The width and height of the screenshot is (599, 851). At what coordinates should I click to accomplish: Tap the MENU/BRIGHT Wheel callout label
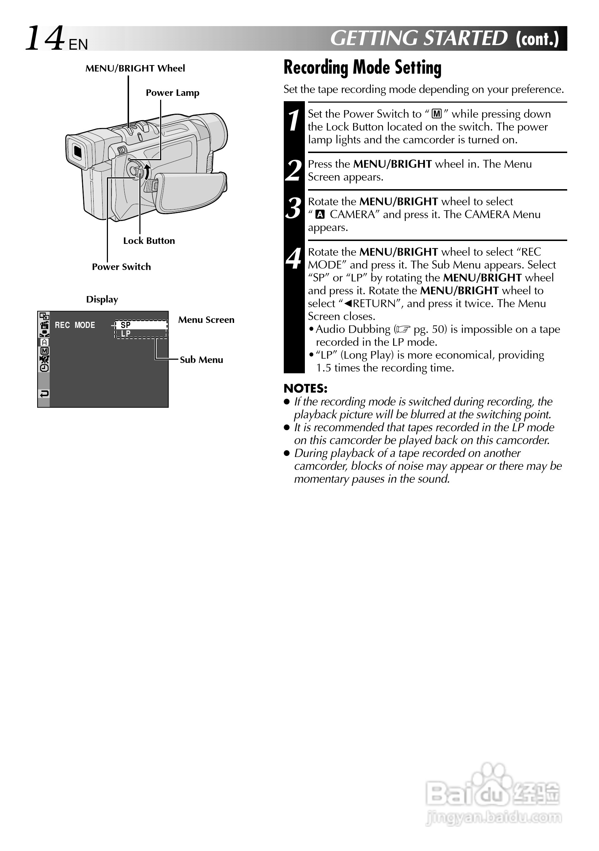pos(135,69)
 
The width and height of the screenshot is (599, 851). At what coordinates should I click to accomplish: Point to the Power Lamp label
pos(172,93)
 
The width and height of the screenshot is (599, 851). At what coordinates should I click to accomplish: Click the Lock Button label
pos(149,241)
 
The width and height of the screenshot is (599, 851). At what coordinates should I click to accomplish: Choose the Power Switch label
pos(121,267)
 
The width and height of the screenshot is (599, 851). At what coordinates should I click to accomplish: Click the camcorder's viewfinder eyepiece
pos(77,151)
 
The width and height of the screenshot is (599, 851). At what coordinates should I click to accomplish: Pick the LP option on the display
pos(126,334)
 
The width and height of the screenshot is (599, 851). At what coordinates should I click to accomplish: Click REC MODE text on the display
pos(75,325)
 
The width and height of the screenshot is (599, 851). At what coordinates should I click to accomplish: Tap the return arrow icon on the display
pos(44,394)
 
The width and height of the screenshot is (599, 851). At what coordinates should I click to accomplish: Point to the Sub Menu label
pos(201,360)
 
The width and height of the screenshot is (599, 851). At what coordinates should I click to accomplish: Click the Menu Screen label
pos(206,320)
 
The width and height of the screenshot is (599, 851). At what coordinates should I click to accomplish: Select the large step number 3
pos(294,208)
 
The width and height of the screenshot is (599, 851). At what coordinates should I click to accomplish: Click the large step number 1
pos(294,121)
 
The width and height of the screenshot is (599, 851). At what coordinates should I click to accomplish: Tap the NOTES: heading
pos(305,388)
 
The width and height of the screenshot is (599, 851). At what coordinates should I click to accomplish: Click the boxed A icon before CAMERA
pos(320,215)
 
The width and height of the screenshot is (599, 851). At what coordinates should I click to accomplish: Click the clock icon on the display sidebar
pos(44,368)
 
